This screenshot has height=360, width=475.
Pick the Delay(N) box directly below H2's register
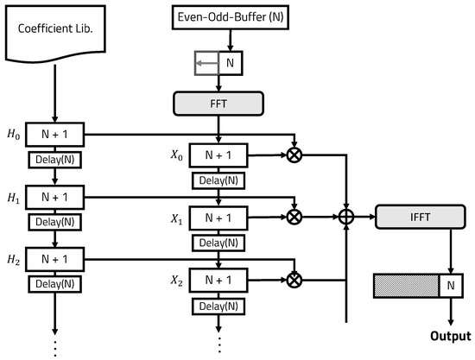coord(55,284)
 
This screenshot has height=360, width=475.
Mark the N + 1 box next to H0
coord(55,135)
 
